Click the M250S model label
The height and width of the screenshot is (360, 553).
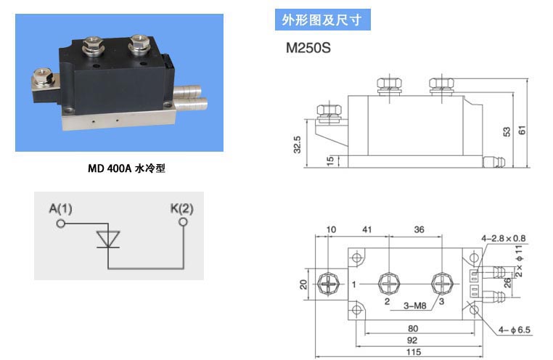[308, 48]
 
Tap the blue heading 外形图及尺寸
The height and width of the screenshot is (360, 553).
[322, 20]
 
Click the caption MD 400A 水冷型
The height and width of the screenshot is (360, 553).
[126, 168]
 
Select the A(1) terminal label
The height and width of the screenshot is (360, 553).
[61, 209]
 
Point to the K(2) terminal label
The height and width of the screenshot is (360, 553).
[182, 208]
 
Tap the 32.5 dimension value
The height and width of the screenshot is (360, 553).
[297, 144]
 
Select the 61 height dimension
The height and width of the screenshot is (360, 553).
[522, 130]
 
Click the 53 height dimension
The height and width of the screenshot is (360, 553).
[507, 132]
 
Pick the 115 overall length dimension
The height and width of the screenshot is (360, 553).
[414, 352]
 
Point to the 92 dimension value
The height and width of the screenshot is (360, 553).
[412, 340]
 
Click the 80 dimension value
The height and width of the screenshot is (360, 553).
[413, 329]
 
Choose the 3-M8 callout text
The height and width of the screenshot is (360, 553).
[415, 306]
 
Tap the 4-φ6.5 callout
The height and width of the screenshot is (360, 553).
[515, 330]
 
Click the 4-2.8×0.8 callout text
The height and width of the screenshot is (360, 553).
[504, 239]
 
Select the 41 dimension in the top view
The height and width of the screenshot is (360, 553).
[367, 229]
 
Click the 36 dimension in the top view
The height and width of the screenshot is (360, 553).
[419, 229]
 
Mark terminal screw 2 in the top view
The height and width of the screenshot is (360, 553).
[390, 284]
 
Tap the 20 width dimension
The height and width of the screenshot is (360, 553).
[303, 285]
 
